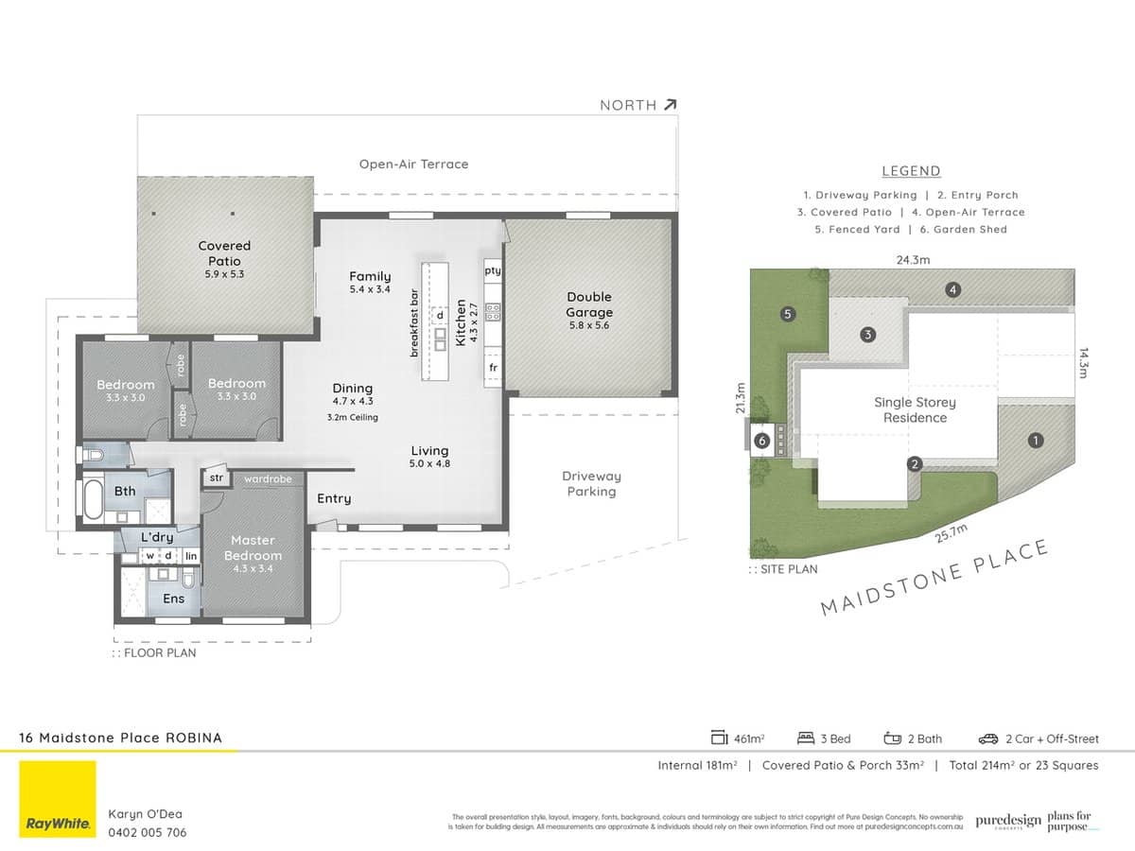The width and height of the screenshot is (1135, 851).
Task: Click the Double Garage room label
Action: (x=589, y=304)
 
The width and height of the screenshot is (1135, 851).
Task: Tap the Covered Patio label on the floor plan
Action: (x=224, y=252)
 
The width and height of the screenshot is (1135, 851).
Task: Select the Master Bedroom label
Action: (x=253, y=548)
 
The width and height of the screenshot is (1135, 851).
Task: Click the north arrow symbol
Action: (x=670, y=105)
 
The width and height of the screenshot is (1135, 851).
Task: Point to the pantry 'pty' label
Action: (x=492, y=270)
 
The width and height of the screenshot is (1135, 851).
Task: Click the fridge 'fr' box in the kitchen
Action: (x=493, y=367)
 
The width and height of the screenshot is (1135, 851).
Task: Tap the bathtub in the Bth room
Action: (x=94, y=498)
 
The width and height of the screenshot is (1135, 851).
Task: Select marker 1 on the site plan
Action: (x=1036, y=440)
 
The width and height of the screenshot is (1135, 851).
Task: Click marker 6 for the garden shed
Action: (x=761, y=441)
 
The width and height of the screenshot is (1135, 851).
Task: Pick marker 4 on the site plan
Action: (x=953, y=289)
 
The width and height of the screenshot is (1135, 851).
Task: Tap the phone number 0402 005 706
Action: (x=148, y=833)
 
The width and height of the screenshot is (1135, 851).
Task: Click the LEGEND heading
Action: (x=911, y=171)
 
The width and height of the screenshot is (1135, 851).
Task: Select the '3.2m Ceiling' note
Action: (x=352, y=417)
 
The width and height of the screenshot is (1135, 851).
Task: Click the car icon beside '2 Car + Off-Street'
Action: (x=989, y=738)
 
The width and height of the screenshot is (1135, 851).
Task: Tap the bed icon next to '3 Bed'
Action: (x=806, y=738)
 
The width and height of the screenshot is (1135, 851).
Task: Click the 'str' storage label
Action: (x=215, y=478)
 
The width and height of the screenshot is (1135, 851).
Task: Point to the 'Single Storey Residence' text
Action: (x=915, y=409)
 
